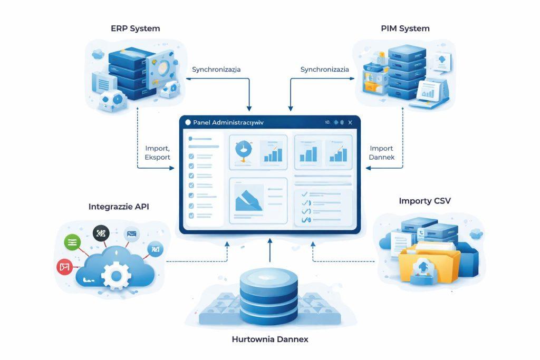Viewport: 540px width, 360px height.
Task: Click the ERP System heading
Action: [x=135, y=28]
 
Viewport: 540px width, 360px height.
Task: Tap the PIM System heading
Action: [x=405, y=28]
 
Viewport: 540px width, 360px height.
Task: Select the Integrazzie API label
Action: [x=119, y=207]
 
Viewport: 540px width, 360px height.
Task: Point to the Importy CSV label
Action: [x=425, y=201]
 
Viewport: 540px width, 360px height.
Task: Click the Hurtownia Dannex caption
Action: [x=270, y=339]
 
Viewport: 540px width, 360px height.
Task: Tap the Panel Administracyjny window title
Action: [x=228, y=122]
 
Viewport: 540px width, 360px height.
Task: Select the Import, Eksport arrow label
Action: [x=157, y=153]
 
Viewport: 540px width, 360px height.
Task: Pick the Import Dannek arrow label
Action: [x=382, y=153]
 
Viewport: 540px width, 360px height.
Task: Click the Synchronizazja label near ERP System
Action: [x=217, y=69]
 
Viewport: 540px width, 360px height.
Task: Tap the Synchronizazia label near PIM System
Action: [x=325, y=69]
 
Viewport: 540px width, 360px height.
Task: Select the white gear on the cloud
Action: [x=115, y=274]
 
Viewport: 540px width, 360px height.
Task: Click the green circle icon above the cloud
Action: [x=72, y=242]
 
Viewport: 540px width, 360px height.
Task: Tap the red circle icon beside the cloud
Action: [x=64, y=267]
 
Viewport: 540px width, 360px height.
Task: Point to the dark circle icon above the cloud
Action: [x=100, y=232]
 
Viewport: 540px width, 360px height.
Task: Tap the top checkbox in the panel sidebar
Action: [x=191, y=156]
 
